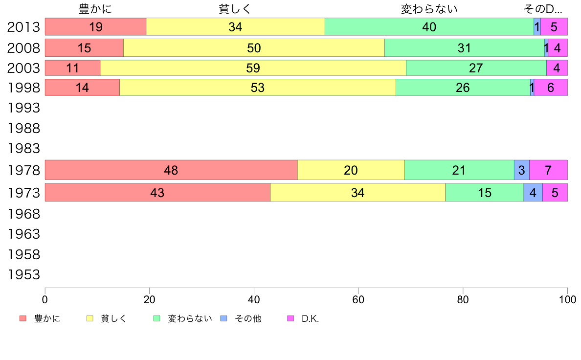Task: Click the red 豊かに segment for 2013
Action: point(95,27)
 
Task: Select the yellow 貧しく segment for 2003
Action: point(253,68)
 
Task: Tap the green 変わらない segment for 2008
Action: point(464,48)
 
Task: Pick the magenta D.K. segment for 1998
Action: point(551,88)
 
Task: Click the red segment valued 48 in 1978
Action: point(171,170)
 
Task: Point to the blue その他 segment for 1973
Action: point(533,193)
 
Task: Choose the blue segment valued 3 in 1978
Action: point(521,170)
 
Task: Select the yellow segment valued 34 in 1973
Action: point(358,193)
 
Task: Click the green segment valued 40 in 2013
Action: point(429,27)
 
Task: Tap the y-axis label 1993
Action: point(23,108)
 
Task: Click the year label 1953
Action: point(23,275)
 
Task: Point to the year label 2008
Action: point(23,47)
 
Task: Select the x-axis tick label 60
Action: point(358,299)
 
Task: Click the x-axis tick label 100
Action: point(567,299)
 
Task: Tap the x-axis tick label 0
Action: point(45,299)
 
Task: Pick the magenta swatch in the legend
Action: point(290,319)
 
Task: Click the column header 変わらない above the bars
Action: point(429,9)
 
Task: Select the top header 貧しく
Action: point(235,9)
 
